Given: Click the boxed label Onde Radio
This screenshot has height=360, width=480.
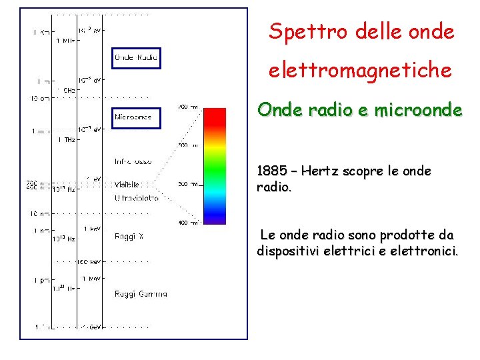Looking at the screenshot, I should (137, 58).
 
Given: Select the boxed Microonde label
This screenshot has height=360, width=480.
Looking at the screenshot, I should (133, 117).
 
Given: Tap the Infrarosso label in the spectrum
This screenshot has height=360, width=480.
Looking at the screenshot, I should (133, 161).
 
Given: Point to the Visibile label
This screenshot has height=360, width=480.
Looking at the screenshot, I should (127, 185).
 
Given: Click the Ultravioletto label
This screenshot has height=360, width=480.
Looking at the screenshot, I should (137, 198).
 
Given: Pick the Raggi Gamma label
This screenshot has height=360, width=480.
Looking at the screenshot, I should (141, 293).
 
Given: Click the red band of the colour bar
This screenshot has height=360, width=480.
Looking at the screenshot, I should (215, 120).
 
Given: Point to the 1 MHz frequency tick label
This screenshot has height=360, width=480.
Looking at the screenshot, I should (65, 41).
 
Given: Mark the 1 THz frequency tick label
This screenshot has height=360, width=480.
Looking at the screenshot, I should (65, 139).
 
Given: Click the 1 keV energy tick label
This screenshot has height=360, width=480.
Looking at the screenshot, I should (91, 228).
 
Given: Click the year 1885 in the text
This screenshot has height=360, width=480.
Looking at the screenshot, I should (270, 171).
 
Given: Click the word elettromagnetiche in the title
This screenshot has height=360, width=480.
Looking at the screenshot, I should (360, 69).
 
